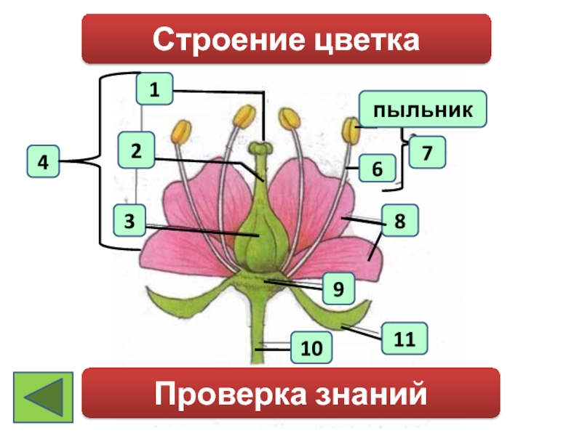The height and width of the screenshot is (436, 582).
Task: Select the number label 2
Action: (136, 150)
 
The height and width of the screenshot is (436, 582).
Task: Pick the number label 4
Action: (44, 162)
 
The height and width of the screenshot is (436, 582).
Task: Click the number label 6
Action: (377, 169)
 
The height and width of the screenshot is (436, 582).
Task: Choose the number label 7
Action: (427, 153)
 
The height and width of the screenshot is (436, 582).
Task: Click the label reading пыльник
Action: (423, 110)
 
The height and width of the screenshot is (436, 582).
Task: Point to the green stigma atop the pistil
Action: (260, 148)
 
